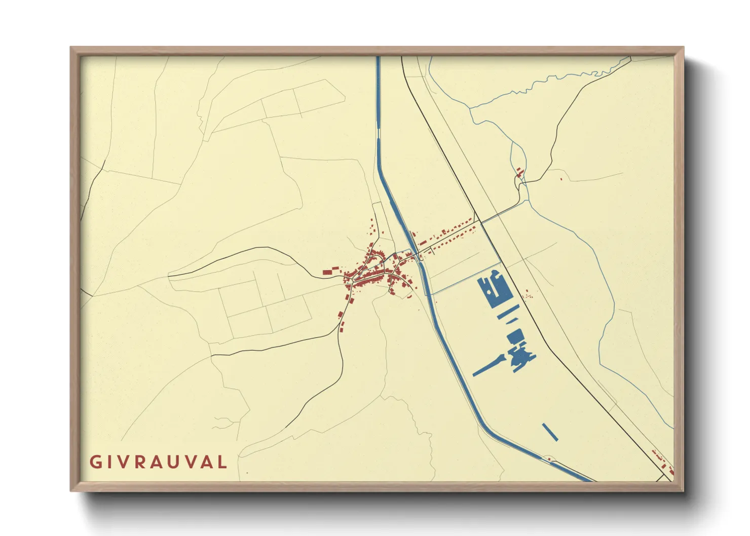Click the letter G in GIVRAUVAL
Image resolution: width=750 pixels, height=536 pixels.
[95, 462]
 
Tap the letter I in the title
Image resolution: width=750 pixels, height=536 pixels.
[108, 462]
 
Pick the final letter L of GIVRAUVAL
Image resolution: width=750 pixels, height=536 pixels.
[221, 462]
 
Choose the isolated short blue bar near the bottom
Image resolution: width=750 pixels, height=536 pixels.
[550, 432]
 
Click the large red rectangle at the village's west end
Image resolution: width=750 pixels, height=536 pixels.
[327, 273]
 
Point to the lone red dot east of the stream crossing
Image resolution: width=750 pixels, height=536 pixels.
[561, 178]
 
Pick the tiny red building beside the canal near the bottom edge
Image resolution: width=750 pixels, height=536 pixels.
[549, 459]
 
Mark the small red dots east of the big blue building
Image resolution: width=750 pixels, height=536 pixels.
[528, 293]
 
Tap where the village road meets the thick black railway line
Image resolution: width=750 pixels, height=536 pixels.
[479, 221]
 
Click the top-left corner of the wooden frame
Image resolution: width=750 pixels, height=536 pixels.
[72, 49]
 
